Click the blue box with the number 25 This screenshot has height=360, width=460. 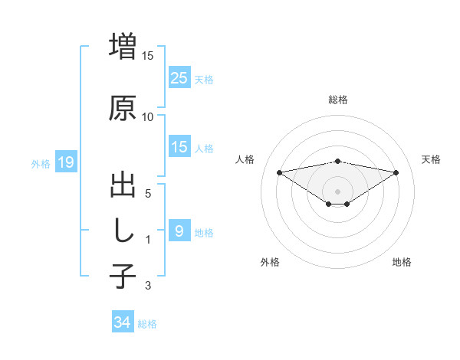coord(179,77)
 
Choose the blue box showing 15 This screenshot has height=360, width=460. coord(179,147)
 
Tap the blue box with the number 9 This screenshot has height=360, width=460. coord(179,231)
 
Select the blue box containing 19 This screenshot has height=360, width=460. coord(65,162)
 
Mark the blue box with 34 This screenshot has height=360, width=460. coord(122,322)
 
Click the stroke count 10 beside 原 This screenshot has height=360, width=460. coord(148,117)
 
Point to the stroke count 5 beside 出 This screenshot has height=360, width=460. coord(148,194)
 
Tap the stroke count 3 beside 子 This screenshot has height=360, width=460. coord(148,286)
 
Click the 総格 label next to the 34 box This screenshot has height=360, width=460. coord(147,324)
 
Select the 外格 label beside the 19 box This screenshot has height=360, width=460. coord(40,163)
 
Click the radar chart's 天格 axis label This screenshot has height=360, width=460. coord(431,159)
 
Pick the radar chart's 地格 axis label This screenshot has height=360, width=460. coord(402,262)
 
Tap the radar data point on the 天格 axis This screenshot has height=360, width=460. coord(396,172)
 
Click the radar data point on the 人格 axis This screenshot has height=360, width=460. coord(279,172)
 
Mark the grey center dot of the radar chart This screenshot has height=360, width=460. coord(337,191)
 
